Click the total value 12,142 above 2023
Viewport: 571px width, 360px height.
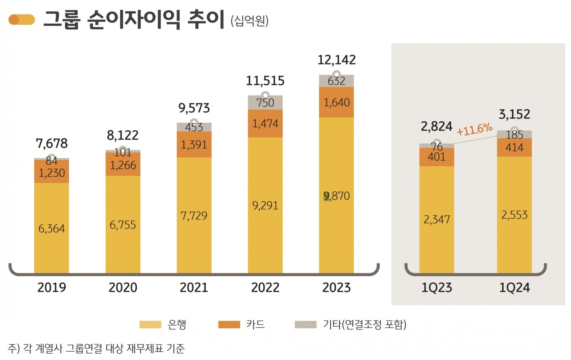(x=337, y=60)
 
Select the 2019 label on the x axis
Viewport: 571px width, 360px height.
(x=51, y=287)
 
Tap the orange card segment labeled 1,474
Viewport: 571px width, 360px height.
(x=265, y=123)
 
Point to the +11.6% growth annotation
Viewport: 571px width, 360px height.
(x=475, y=129)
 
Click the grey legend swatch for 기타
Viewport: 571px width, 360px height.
(x=305, y=325)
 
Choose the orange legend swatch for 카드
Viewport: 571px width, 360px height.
(x=229, y=325)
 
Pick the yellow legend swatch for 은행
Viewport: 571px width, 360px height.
(x=150, y=325)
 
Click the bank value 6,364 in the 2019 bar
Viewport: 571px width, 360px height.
(x=51, y=229)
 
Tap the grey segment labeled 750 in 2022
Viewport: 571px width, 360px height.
(x=265, y=103)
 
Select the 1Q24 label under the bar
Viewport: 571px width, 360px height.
(x=514, y=288)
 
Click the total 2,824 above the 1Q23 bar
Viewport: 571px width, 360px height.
(x=436, y=126)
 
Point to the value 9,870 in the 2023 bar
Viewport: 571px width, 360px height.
(x=337, y=196)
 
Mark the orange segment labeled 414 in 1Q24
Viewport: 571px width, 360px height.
(x=514, y=148)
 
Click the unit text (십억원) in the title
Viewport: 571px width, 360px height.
(x=250, y=21)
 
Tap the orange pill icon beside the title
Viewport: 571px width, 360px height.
(x=22, y=20)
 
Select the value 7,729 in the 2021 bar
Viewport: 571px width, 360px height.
(x=194, y=216)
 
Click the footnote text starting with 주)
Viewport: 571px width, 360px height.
(x=96, y=348)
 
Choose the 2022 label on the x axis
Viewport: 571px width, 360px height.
(x=265, y=287)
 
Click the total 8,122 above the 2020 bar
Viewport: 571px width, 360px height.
(x=123, y=135)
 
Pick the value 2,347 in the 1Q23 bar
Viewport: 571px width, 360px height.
(x=437, y=219)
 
